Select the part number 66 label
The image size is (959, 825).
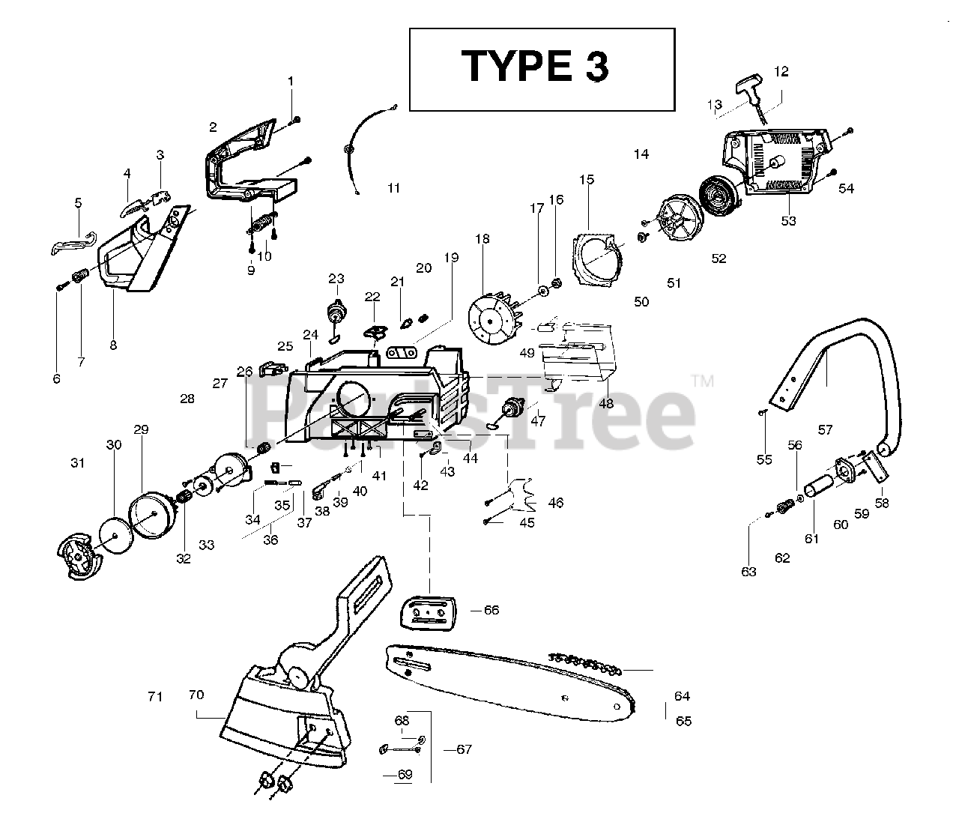pyautogui.click(x=491, y=610)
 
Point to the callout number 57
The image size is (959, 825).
pyautogui.click(x=825, y=430)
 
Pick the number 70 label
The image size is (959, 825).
pyautogui.click(x=196, y=695)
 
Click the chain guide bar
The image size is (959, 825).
pyautogui.click(x=509, y=682)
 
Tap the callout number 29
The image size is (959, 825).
pyautogui.click(x=142, y=429)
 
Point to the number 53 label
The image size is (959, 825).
pyautogui.click(x=789, y=221)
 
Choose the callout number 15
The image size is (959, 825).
pyautogui.click(x=587, y=179)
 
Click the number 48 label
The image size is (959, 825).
pyautogui.click(x=606, y=403)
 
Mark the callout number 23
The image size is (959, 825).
pyautogui.click(x=336, y=279)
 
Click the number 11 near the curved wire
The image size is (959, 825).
pyautogui.click(x=394, y=188)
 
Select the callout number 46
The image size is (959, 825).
pyautogui.click(x=556, y=503)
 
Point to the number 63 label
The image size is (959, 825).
pyautogui.click(x=748, y=572)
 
